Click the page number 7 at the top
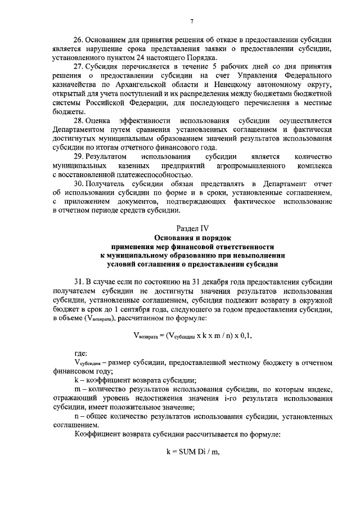[x=191, y=21]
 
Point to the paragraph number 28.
[x=80, y=122]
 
